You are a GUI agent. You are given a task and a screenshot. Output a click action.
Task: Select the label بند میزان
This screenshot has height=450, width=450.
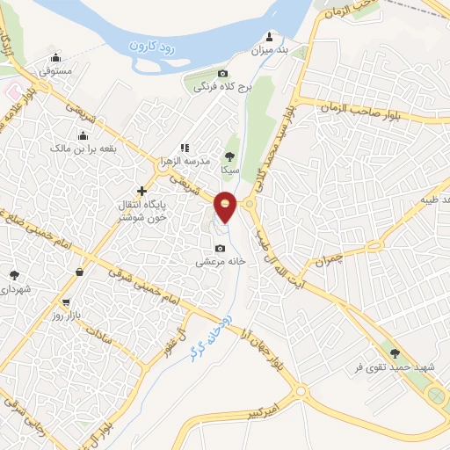click(x=270, y=53)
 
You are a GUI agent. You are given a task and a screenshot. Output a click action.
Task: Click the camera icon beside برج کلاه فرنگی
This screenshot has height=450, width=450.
click(x=222, y=74)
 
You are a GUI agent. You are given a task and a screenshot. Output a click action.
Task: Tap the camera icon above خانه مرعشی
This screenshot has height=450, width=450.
click(x=220, y=248)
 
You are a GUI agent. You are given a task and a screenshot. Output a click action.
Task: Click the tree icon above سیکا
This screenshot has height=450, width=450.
click(x=230, y=156)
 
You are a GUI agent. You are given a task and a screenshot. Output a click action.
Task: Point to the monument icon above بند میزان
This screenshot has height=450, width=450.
click(x=269, y=39)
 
